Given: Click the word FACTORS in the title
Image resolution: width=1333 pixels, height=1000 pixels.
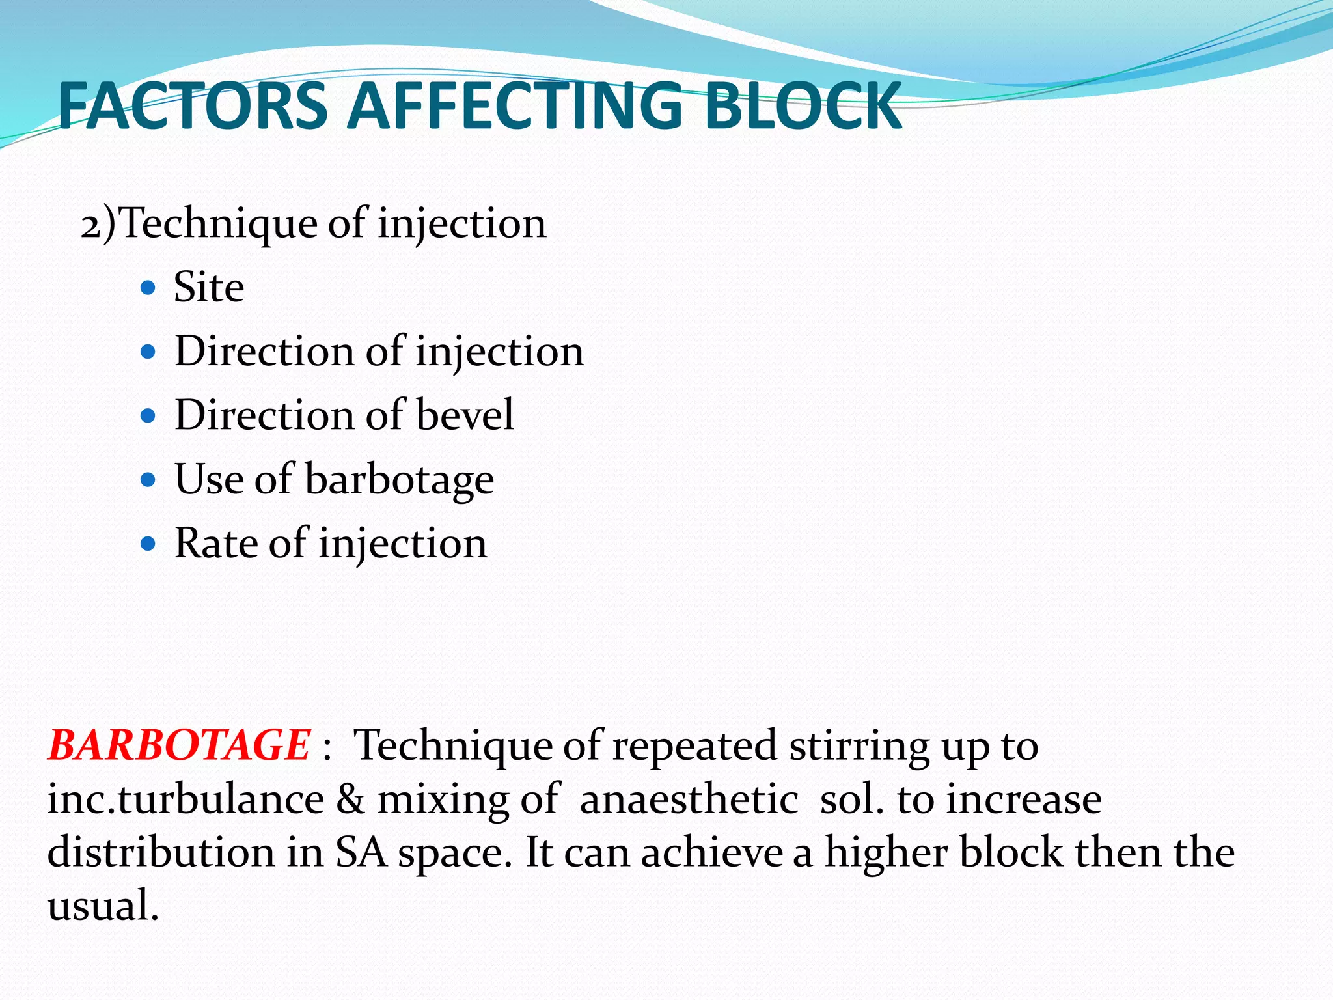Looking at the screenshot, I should point(193,106).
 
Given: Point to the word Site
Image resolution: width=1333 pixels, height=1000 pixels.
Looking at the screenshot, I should point(209,287).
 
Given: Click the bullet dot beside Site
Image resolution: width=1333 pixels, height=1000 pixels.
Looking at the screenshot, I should point(148,288).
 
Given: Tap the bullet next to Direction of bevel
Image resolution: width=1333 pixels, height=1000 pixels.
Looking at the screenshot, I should point(148,416).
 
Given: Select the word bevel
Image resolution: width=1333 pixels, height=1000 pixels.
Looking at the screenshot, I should point(465,415).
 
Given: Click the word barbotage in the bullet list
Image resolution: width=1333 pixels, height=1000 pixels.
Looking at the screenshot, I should point(399,480).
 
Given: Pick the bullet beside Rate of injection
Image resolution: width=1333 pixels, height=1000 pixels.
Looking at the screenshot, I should point(148,544).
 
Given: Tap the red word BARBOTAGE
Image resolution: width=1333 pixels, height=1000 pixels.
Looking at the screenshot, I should point(178,745).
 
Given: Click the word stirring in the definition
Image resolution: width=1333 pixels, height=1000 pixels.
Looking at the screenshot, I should point(859,746).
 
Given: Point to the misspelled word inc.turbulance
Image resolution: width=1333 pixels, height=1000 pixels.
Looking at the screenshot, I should point(186,799).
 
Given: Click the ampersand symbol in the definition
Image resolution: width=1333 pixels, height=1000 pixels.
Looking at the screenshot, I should point(350,799).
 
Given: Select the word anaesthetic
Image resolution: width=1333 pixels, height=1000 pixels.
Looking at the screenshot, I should point(688,799).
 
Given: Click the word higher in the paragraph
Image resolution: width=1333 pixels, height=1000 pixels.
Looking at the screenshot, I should point(885,853).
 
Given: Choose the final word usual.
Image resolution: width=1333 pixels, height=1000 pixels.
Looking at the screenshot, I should point(103,906).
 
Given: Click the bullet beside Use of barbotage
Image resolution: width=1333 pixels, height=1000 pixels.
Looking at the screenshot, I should point(148,480).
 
